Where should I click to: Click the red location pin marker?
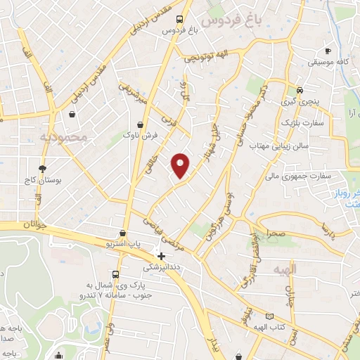[181, 165]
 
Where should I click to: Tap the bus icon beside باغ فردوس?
[181, 19]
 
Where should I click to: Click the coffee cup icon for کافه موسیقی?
[328, 51]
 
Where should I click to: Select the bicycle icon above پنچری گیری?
[300, 90]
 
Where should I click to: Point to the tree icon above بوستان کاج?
[43, 169]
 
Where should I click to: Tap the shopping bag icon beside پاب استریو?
[124, 233]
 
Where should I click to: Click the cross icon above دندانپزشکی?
[162, 256]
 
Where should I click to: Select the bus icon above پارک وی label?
[115, 274]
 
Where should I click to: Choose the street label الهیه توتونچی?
[204, 60]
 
